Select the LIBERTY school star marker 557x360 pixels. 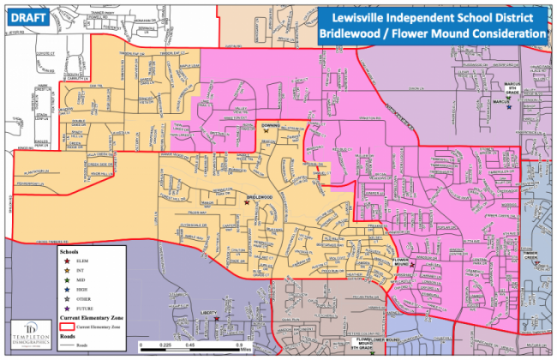[216, 319]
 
